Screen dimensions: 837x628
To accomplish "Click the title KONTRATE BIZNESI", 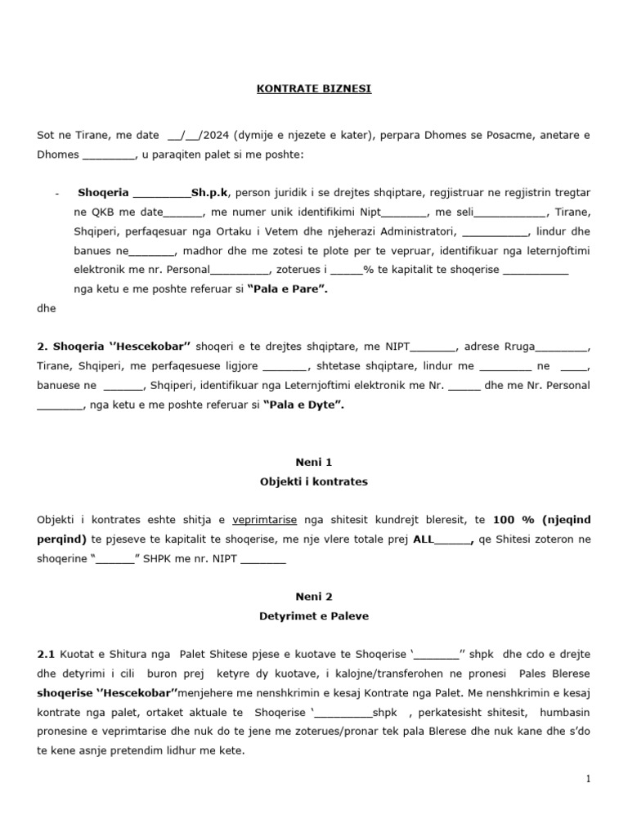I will (314, 88).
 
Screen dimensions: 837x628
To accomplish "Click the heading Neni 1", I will (314, 462).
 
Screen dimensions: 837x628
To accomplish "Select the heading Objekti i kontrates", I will (314, 482).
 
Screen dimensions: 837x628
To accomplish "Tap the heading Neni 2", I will (314, 597).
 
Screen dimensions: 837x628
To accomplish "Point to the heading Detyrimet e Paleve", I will (314, 617).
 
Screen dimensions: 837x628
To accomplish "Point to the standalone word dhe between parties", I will (46, 309).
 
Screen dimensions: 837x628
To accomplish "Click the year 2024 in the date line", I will (217, 135).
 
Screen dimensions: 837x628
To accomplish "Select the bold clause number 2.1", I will (46, 655).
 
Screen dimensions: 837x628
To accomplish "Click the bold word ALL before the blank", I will (423, 539).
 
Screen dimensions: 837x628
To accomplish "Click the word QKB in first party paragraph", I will (102, 212).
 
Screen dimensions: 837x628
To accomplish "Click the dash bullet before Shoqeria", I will (56, 193).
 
